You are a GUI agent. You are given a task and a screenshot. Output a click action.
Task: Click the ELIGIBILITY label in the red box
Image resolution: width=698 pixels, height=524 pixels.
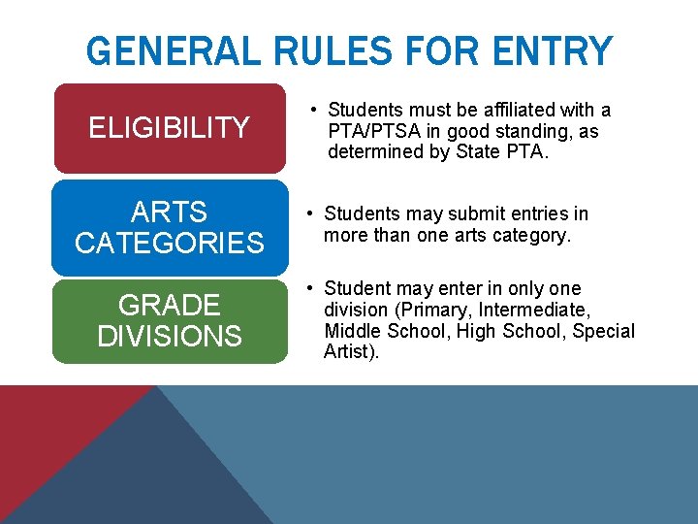tap(169, 127)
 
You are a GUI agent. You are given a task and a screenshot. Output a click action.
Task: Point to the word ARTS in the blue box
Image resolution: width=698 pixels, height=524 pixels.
tap(169, 212)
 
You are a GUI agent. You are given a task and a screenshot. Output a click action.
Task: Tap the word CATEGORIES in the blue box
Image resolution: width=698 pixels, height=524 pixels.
tap(169, 243)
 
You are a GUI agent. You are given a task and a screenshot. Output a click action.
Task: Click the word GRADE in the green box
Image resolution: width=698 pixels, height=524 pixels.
tap(169, 306)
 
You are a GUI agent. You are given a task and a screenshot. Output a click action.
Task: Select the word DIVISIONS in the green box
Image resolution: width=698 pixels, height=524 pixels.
tap(169, 337)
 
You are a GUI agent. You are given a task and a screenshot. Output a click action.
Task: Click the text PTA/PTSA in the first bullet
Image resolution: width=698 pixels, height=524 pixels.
tap(369, 131)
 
